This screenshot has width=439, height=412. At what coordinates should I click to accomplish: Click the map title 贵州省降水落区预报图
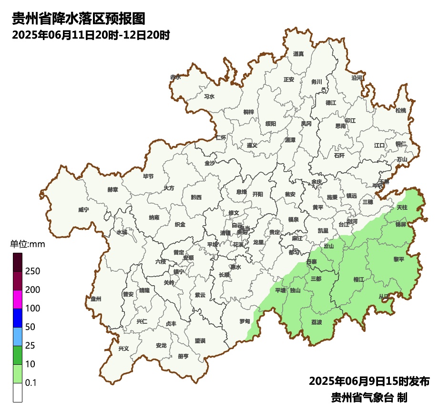78,19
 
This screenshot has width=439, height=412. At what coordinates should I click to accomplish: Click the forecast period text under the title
91,35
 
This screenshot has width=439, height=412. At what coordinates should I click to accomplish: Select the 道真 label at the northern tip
298,54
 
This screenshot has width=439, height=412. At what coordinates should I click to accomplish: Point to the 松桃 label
400,111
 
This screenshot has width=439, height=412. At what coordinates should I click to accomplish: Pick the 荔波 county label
316,322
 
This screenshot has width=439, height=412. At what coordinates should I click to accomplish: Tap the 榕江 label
358,279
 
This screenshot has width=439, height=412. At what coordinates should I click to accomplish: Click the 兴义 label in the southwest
123,349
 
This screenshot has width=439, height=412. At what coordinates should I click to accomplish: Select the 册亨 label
183,356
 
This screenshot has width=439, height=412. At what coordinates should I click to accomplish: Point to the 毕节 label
148,176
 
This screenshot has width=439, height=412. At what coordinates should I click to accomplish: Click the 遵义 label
252,145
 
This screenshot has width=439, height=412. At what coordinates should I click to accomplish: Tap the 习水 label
209,96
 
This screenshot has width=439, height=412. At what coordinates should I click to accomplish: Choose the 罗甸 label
245,321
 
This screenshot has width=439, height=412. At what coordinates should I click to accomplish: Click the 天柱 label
402,207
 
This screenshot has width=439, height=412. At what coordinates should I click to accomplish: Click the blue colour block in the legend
18,318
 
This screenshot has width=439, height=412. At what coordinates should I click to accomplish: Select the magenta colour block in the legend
18,299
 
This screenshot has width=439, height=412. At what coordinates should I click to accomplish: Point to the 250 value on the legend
32,271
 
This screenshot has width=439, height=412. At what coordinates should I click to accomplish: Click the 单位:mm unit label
27,245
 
